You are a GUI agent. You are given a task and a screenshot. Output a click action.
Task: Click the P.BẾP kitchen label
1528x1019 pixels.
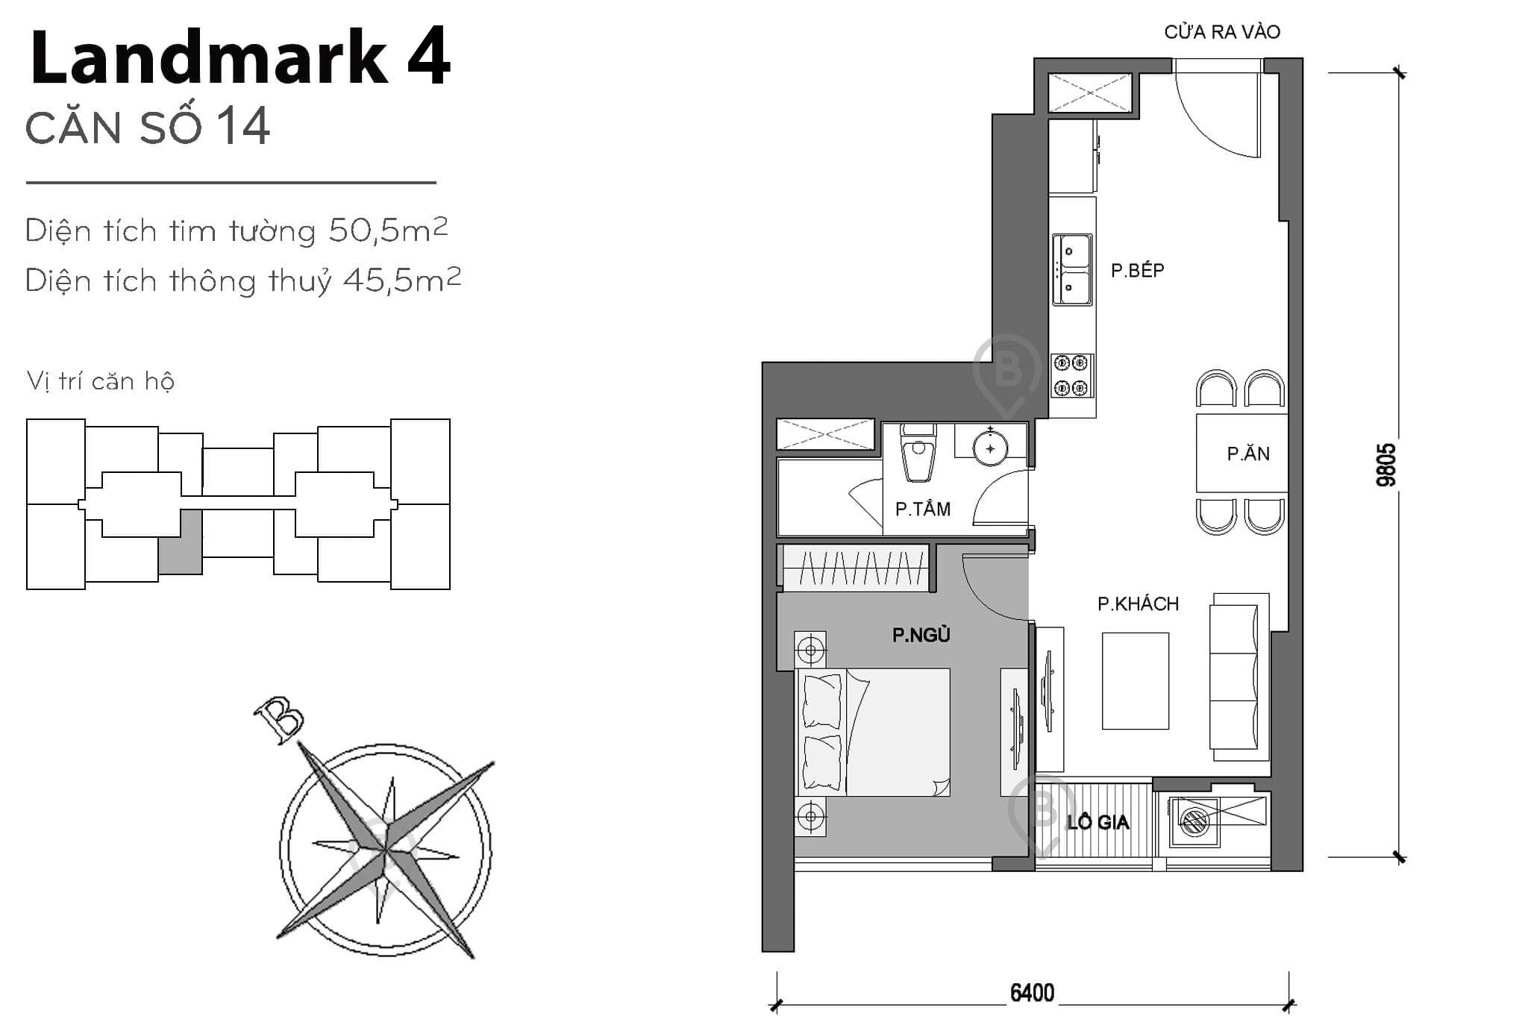[1137, 270]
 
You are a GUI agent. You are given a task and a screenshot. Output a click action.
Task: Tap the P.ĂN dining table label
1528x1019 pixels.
[1248, 454]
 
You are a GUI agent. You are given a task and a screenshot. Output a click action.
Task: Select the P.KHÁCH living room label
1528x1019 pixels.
[1138, 603]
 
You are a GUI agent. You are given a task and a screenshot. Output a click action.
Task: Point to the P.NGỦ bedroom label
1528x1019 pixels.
[921, 635]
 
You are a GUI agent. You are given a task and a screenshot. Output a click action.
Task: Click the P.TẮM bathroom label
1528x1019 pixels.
[923, 509]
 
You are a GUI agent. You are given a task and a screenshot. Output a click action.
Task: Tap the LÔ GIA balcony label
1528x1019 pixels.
[1098, 823]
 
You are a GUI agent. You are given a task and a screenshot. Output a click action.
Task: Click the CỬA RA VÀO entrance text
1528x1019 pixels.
[1222, 32]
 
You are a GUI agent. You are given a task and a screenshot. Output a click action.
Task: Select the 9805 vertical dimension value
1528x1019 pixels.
[1385, 465]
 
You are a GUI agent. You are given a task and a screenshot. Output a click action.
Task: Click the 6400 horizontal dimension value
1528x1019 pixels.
[1032, 993]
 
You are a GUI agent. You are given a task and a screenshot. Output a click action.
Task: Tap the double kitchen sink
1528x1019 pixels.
[1072, 269]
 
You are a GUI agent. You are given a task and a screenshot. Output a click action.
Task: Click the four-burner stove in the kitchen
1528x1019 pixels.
[1072, 375]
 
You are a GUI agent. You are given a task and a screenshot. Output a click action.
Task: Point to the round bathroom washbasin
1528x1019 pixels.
[991, 448]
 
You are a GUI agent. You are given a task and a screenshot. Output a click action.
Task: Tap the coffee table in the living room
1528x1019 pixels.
[1135, 680]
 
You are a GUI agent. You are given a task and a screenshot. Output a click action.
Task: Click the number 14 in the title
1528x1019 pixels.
[244, 127]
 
